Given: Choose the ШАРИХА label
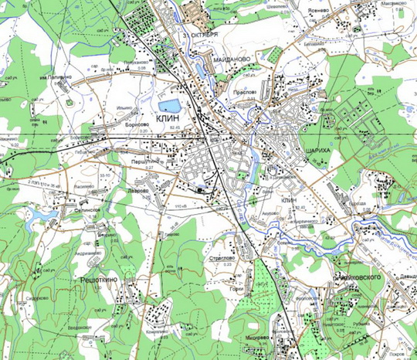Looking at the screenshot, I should [297, 151].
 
